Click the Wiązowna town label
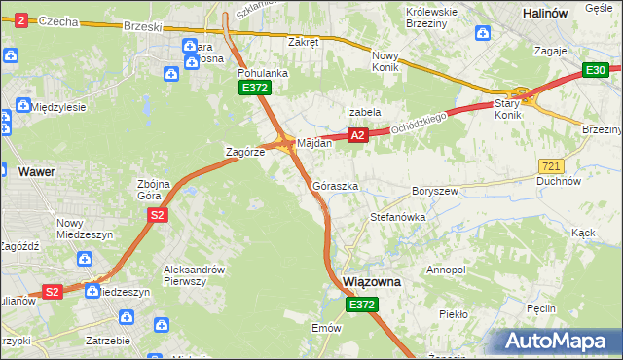[373, 281]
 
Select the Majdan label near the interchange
[314, 143]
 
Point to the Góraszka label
[336, 185]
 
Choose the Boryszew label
[435, 192]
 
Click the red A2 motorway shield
[358, 136]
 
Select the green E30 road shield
[596, 70]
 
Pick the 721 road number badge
[550, 166]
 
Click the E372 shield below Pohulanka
[255, 88]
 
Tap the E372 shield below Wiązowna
[360, 305]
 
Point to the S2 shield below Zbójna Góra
[156, 217]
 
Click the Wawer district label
[36, 172]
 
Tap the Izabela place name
[364, 112]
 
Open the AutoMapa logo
[557, 342]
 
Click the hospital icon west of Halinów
[483, 34]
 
